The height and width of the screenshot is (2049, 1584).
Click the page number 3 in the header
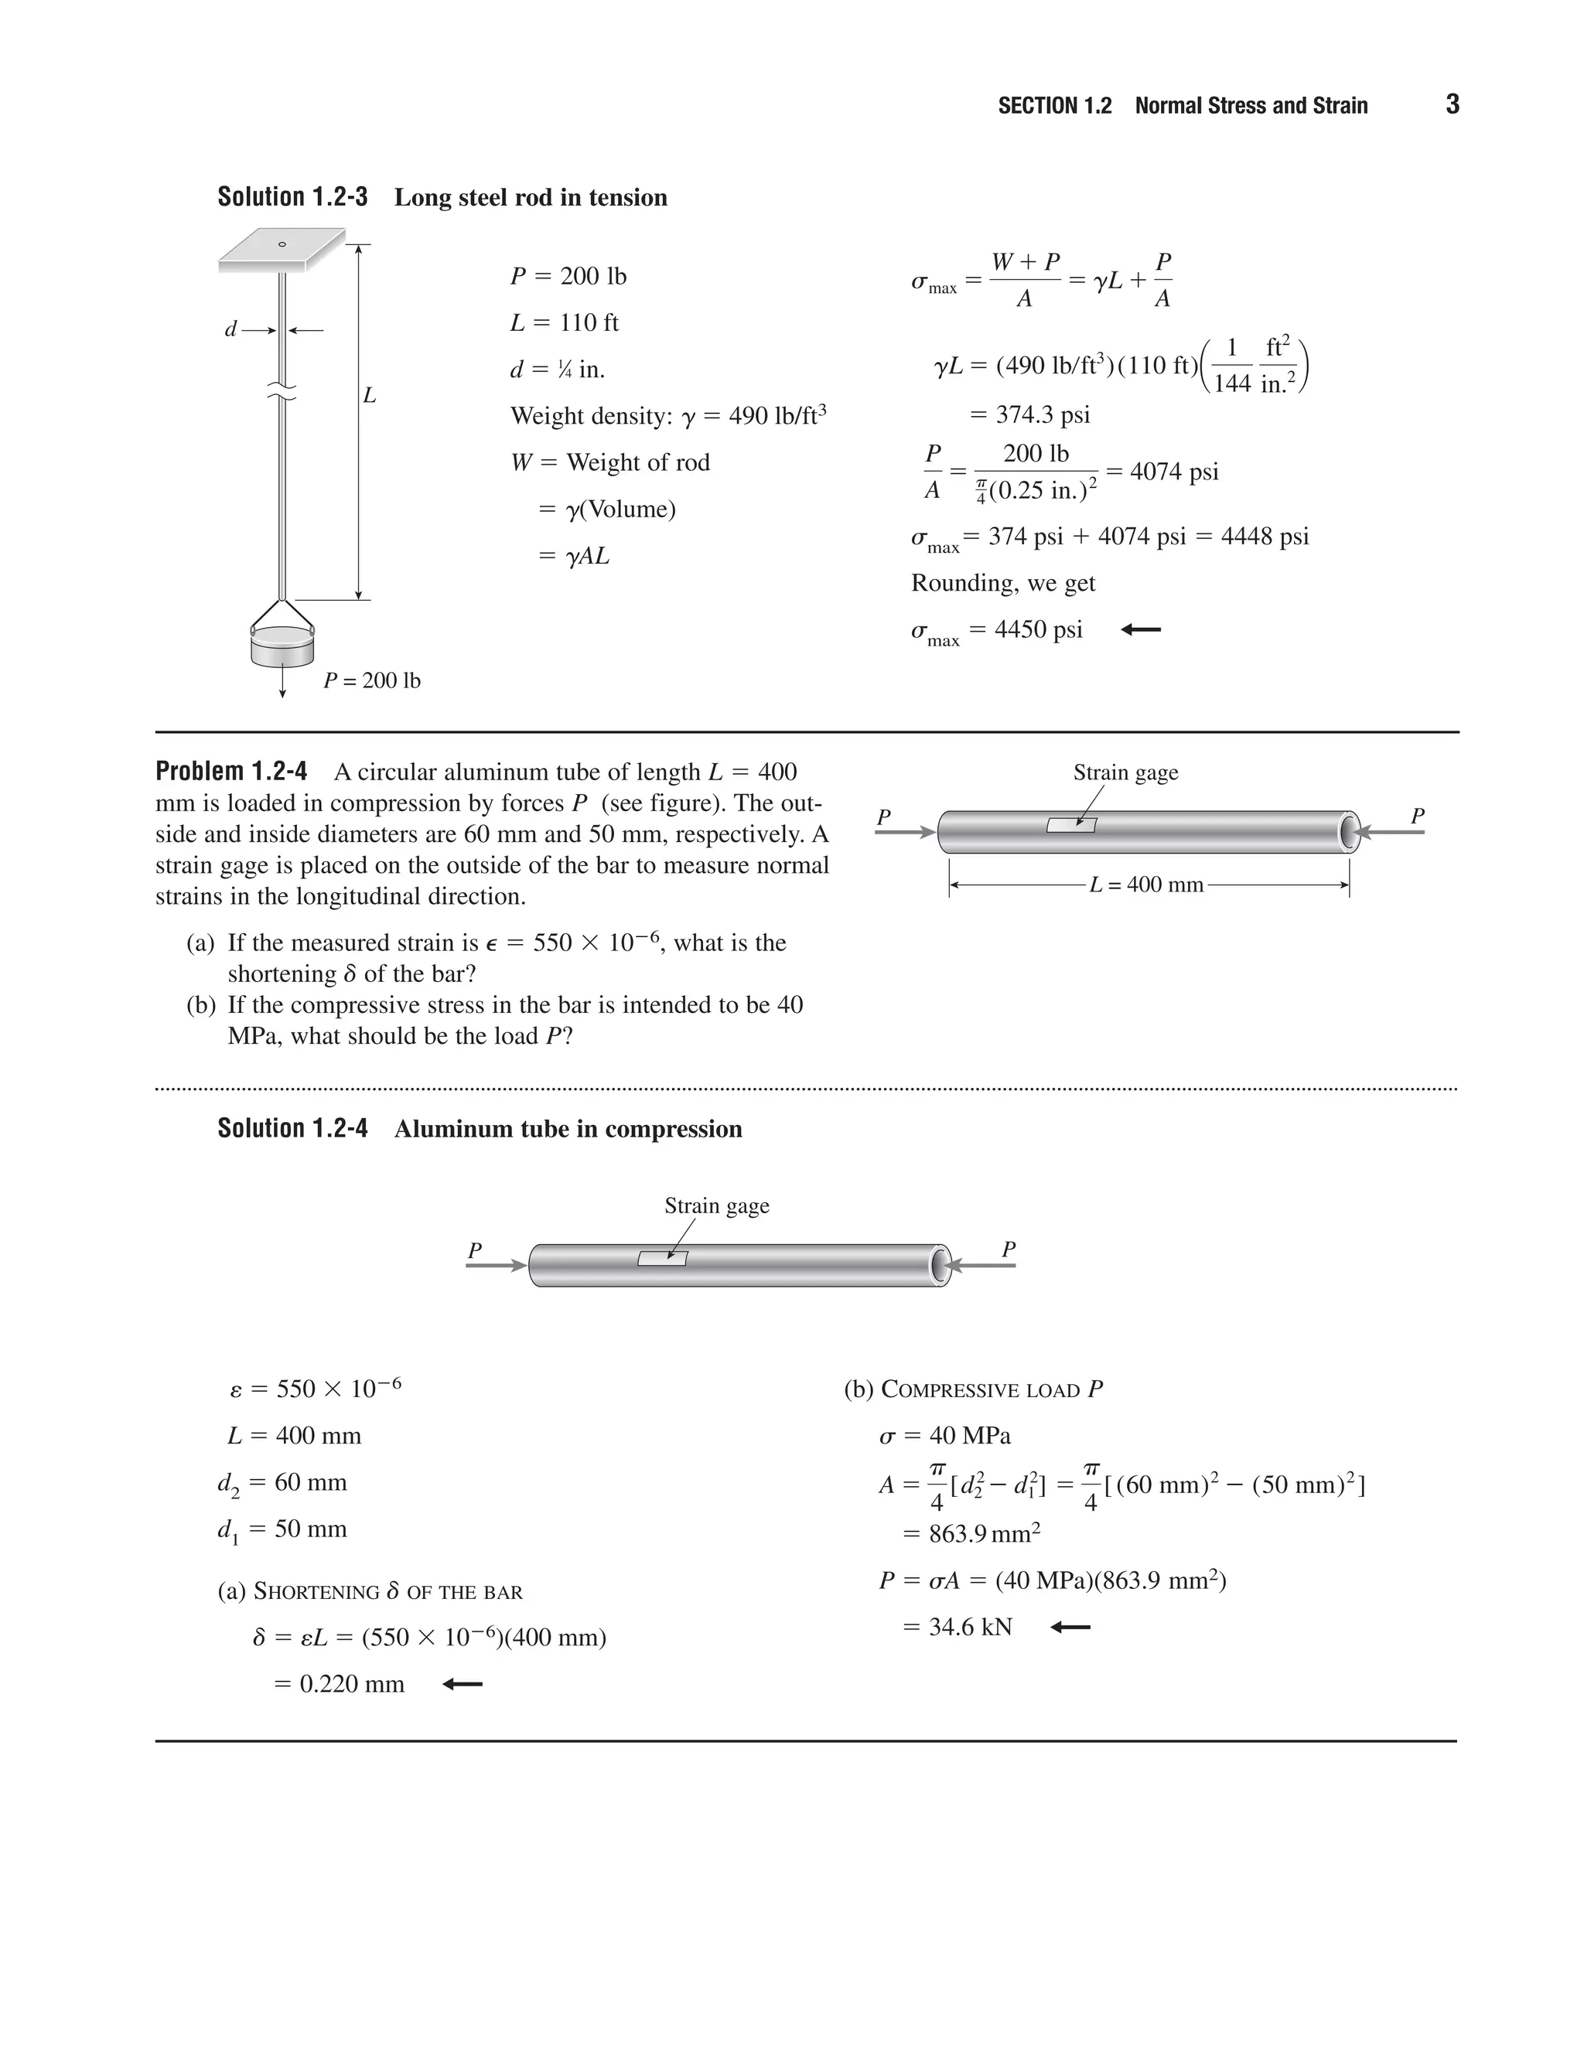1452,104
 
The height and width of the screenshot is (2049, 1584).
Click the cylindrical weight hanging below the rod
282,646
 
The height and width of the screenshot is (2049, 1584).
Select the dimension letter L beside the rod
370,396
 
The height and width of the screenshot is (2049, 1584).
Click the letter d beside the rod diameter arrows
230,329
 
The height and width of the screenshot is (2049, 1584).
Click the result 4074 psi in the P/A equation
1173,471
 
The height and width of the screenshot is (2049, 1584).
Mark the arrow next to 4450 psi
1141,629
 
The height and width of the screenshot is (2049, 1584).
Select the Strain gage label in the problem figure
1125,772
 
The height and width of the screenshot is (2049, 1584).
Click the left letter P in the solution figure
475,1250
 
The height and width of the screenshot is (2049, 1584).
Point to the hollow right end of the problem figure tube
1350,831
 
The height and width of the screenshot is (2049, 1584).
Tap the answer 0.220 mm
351,1684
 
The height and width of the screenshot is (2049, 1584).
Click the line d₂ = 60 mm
282,1483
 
